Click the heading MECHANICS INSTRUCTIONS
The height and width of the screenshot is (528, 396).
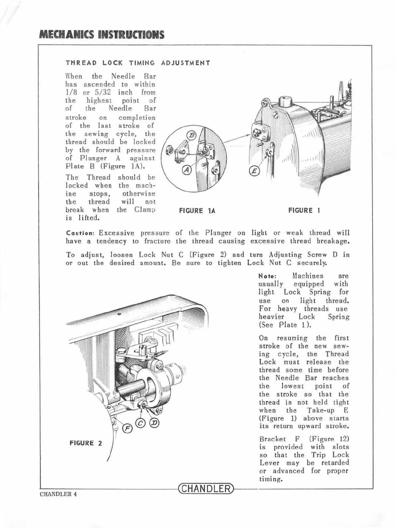pyautogui.click(x=101, y=35)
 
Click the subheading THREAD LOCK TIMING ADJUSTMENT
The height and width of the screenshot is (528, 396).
pyautogui.click(x=138, y=63)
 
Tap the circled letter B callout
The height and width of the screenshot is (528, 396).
pyautogui.click(x=192, y=135)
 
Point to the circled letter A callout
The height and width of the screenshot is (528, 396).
pyautogui.click(x=187, y=170)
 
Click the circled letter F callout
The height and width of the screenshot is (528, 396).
pyautogui.click(x=127, y=429)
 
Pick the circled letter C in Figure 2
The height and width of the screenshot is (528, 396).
pyautogui.click(x=141, y=423)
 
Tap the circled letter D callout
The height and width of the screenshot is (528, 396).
pyautogui.click(x=154, y=423)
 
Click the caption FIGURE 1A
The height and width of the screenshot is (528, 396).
pyautogui.click(x=197, y=211)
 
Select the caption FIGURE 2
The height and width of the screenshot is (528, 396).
pyautogui.click(x=86, y=443)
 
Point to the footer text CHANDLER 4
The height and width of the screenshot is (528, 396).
pyautogui.click(x=58, y=494)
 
